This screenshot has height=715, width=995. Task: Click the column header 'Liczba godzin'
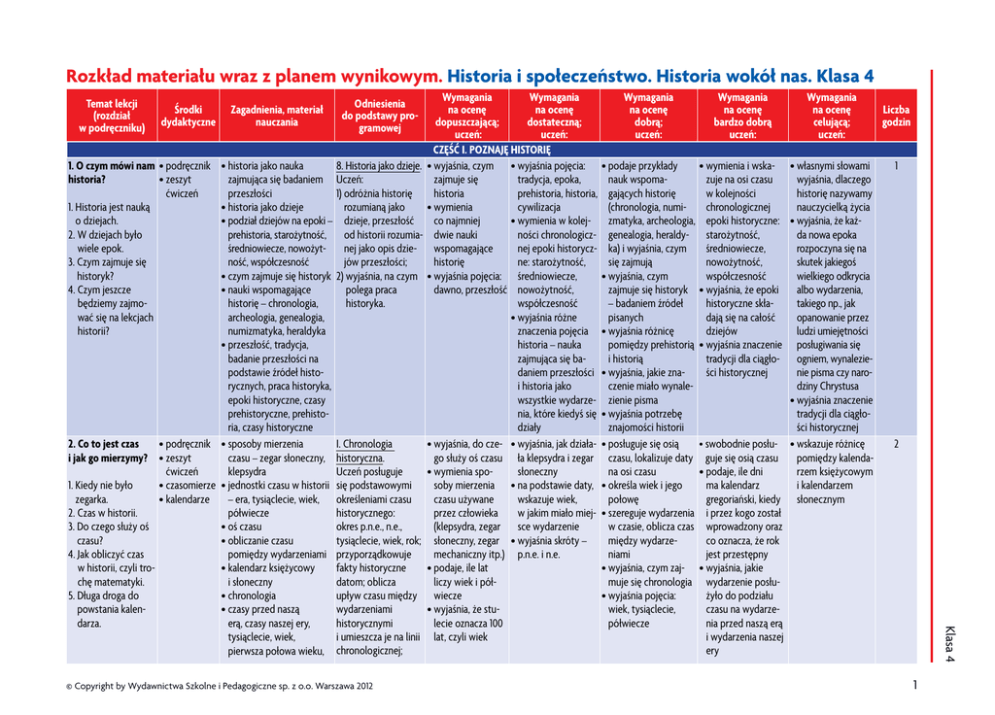896,117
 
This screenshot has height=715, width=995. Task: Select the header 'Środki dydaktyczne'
189,117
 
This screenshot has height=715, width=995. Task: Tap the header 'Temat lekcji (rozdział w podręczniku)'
112,116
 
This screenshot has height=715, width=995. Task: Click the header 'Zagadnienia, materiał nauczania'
277,117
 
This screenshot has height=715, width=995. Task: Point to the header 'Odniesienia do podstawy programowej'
380,116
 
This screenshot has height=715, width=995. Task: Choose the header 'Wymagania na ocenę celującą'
831,116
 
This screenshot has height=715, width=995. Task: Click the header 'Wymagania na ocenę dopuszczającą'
466,116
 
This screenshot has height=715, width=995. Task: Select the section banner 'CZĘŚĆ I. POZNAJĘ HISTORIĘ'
492,150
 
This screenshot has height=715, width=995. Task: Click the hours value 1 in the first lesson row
896,166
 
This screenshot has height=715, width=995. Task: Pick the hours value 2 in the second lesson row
896,444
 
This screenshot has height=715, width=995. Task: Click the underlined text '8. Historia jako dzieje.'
379,166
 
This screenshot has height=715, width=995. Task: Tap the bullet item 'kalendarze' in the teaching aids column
188,499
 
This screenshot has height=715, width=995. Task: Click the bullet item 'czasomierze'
190,485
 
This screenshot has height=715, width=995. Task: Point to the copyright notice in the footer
220,686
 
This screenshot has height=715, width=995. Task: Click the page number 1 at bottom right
914,685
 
